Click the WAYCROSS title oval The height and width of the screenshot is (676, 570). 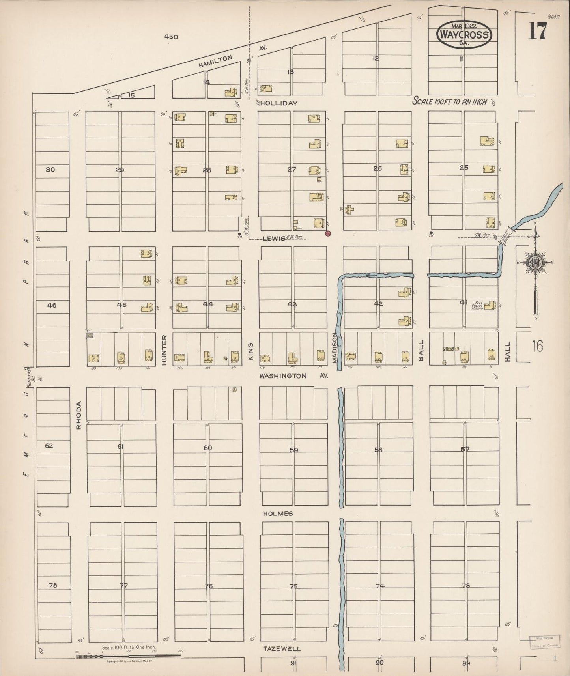464,35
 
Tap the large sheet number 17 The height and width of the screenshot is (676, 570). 537,31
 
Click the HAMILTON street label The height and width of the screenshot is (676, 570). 215,62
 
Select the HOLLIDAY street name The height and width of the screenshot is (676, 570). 278,103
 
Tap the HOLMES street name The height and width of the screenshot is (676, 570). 278,513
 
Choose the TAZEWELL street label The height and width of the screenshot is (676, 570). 282,648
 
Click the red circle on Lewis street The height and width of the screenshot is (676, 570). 328,233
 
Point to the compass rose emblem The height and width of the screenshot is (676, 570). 535,262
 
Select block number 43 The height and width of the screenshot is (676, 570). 292,304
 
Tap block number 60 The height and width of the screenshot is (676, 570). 208,448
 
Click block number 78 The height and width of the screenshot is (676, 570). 52,585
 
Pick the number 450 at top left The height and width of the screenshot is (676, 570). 171,37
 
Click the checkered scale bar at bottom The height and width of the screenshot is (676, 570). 128,656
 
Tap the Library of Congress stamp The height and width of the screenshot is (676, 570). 542,641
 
